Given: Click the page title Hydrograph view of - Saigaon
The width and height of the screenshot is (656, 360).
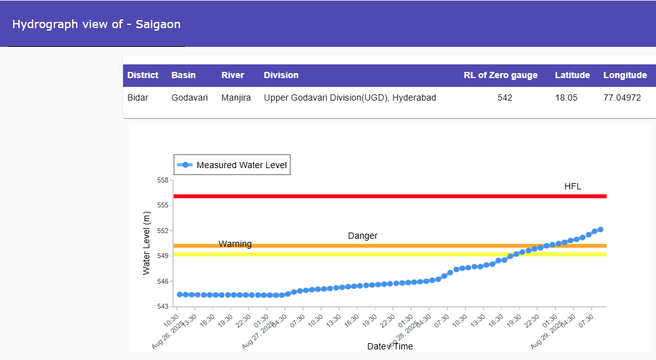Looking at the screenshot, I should (x=96, y=25).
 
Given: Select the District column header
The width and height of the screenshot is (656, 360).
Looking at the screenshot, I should (x=143, y=75).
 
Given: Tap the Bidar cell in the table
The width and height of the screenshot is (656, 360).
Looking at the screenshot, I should (x=138, y=97).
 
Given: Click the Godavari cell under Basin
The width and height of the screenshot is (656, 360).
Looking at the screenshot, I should (x=189, y=97).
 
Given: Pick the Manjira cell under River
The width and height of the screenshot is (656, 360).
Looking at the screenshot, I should (x=236, y=97).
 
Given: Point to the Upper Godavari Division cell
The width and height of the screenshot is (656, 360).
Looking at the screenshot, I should (x=350, y=97).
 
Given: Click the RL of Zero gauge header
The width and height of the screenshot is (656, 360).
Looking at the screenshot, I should (x=500, y=75).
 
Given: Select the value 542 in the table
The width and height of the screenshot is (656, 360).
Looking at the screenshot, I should (x=505, y=97).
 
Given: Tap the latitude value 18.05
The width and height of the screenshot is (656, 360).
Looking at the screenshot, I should (x=565, y=97).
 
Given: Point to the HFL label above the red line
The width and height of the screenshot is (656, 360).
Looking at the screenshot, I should (x=573, y=186).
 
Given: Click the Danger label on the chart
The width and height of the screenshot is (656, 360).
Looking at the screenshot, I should (x=362, y=236).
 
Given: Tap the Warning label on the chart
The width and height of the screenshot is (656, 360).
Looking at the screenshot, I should (x=235, y=244).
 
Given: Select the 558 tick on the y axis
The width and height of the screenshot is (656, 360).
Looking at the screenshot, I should (x=163, y=180).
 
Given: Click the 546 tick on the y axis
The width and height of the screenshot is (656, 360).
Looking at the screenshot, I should (x=163, y=281).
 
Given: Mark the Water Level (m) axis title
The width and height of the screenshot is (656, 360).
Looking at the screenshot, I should (x=147, y=243).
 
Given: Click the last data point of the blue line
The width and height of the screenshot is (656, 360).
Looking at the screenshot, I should (x=600, y=229).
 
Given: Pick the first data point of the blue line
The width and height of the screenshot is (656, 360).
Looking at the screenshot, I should (x=180, y=294).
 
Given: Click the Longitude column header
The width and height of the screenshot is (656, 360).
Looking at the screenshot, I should (x=625, y=75).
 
